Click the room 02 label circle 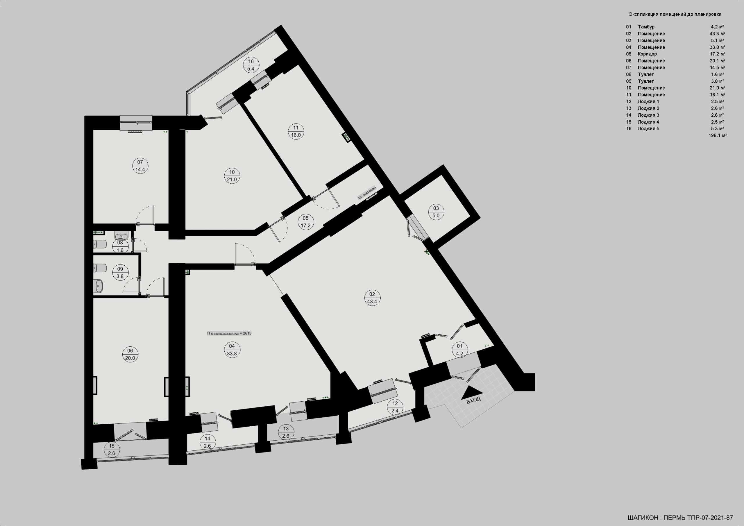tap(372, 298)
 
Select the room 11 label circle tap(296, 131)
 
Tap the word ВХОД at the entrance tap(473, 400)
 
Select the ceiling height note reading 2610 tap(229, 333)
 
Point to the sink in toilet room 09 tap(99, 286)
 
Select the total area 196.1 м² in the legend tap(718, 135)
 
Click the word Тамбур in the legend tap(646, 27)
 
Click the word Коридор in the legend tap(648, 54)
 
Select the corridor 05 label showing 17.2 tap(305, 226)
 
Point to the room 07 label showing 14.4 tap(140, 169)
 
